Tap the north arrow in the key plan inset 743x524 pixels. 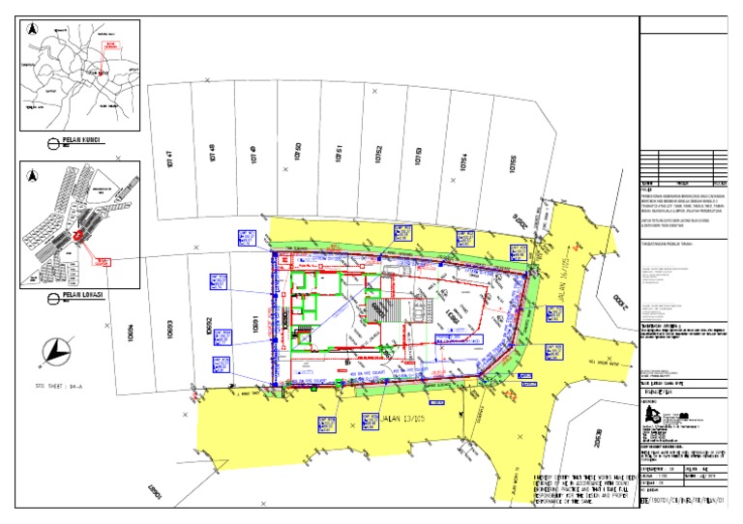pyautogui.click(x=33, y=29)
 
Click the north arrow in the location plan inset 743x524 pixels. pyautogui.click(x=33, y=176)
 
